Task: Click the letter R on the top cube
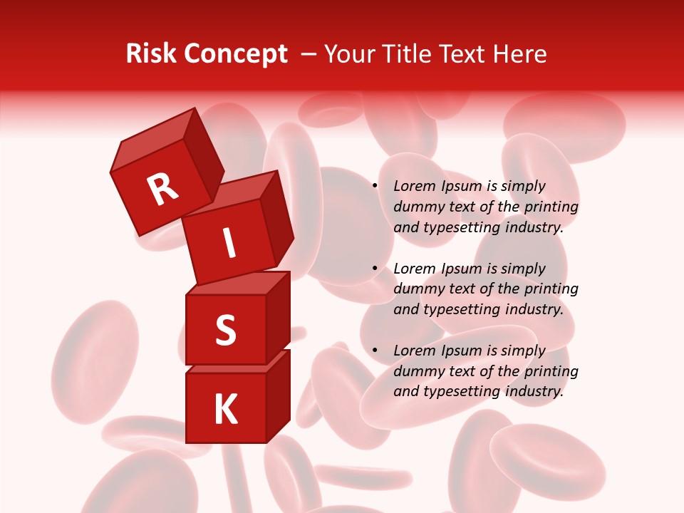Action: click(162, 190)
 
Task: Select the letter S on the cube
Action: click(225, 330)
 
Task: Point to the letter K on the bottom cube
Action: click(225, 410)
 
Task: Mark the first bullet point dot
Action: click(375, 187)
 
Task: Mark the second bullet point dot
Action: click(375, 269)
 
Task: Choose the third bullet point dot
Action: click(375, 351)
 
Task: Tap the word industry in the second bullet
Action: click(534, 310)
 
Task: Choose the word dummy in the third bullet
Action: click(416, 371)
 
